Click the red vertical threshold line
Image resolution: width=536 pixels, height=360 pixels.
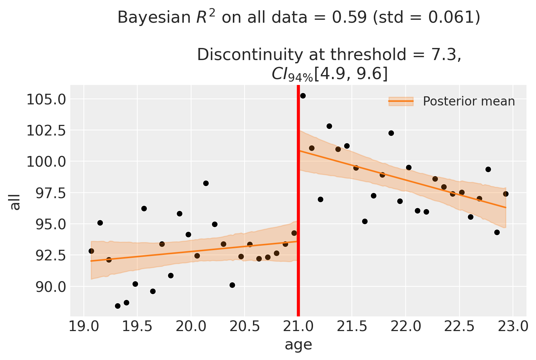point(298,201)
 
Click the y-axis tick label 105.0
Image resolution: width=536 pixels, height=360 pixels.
point(46,99)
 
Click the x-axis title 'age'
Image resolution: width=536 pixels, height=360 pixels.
point(298,345)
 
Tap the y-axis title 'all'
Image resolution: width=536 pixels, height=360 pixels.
point(15,201)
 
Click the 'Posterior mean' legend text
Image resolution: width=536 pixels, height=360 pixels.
point(469,101)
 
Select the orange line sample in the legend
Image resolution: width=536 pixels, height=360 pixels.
point(401,101)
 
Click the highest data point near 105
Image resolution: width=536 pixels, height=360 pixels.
point(303,96)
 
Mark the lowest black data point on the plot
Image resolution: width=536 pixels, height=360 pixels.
point(118,306)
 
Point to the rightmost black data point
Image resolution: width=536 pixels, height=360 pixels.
point(506,194)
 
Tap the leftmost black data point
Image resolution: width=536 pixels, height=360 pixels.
point(91,251)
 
